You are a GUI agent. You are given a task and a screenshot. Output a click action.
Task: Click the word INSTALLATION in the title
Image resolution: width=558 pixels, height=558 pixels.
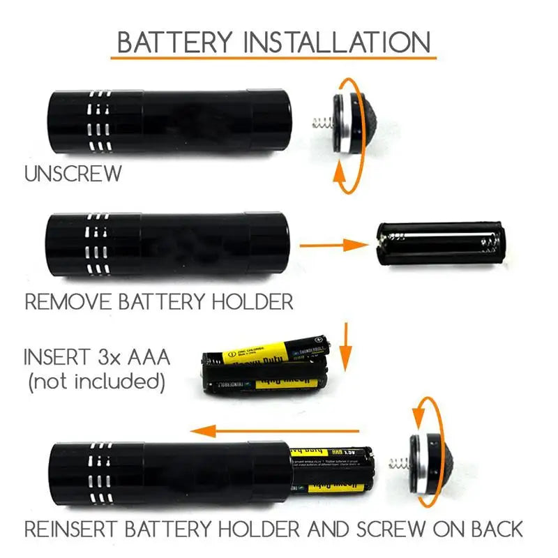pyautogui.click(x=338, y=43)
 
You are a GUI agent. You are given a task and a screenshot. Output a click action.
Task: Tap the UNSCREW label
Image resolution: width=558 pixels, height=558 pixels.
pyautogui.click(x=73, y=174)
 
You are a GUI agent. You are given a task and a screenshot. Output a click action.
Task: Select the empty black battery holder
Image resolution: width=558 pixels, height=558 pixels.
pyautogui.click(x=439, y=245)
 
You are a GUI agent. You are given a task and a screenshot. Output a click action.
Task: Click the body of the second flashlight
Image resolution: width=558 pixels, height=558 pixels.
pyautogui.click(x=167, y=244)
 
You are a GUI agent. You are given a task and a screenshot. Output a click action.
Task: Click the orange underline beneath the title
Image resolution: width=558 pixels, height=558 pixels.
pyautogui.click(x=273, y=59)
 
